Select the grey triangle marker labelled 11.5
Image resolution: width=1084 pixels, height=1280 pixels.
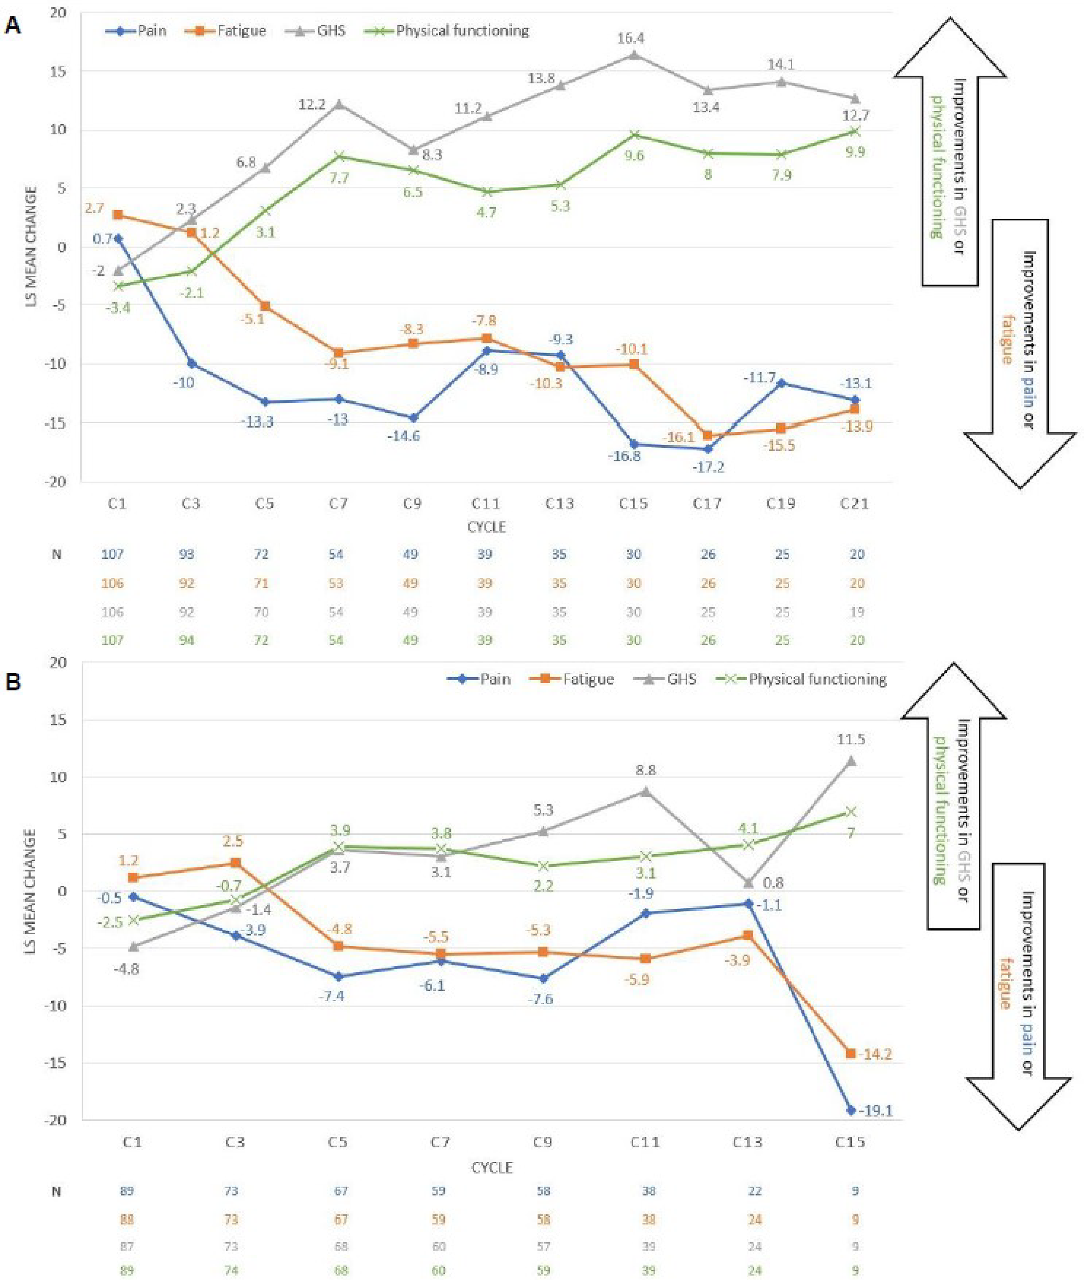pyautogui.click(x=851, y=761)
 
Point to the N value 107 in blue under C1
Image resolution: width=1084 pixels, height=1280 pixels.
pyautogui.click(x=112, y=554)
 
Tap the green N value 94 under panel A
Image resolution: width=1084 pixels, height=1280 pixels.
pyautogui.click(x=187, y=640)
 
